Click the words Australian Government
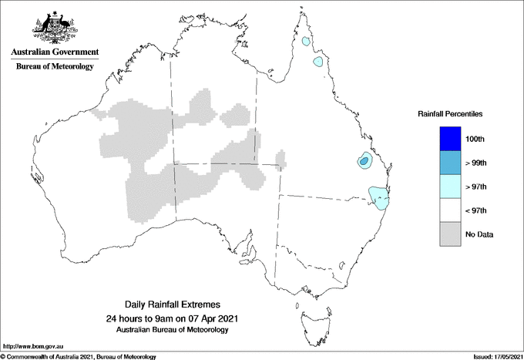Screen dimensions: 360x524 click(54, 52)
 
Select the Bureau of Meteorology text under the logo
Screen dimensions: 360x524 click(54, 66)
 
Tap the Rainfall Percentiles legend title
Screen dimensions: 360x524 click(450, 113)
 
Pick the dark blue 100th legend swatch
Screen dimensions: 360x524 click(448, 139)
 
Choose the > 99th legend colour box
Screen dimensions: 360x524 click(448, 163)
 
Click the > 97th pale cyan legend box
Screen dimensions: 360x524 click(448, 187)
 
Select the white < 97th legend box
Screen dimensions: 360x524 click(448, 210)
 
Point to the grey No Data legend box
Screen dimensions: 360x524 click(448, 234)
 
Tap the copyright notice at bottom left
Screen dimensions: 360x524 click(78, 356)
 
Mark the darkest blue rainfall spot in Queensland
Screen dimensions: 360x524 click(364, 161)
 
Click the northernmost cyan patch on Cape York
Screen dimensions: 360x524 click(307, 41)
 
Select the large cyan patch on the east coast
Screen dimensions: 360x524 click(378, 198)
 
